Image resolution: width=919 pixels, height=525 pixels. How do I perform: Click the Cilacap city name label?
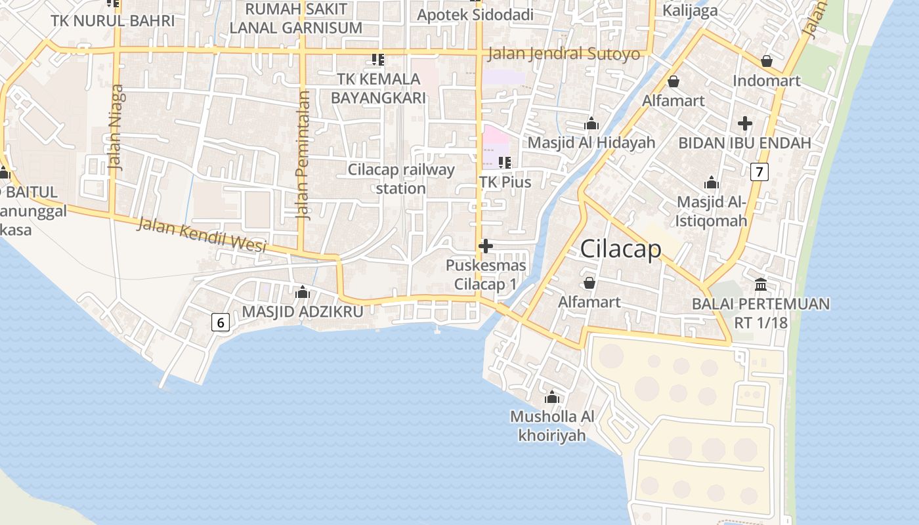[x=620, y=249]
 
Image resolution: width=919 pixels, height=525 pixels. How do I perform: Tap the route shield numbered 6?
[x=221, y=322]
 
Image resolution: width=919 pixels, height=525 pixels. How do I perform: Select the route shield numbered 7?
[x=759, y=173]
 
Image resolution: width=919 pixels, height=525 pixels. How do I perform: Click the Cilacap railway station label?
[x=401, y=179]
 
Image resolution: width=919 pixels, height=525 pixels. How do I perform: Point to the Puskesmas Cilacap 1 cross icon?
[x=486, y=246]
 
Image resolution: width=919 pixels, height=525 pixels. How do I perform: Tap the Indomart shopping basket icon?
[x=766, y=61]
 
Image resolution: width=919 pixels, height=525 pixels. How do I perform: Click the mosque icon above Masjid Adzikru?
[x=303, y=292]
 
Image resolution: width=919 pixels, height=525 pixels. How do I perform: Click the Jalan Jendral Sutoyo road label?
[x=564, y=54]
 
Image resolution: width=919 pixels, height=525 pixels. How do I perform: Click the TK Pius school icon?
[x=504, y=162]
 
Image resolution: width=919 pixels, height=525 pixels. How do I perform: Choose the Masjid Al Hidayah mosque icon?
[x=591, y=123]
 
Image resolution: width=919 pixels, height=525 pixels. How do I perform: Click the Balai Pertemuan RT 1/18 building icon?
[x=761, y=285]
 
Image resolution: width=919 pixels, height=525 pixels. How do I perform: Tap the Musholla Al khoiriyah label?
[x=552, y=425]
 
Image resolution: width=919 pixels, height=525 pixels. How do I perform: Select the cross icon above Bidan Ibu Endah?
[x=744, y=123]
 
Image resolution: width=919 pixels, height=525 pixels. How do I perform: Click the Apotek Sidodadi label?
[x=475, y=14]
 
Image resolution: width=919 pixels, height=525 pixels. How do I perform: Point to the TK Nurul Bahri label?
[x=113, y=21]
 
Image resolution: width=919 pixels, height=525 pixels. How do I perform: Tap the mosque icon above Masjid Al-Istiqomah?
[x=712, y=182]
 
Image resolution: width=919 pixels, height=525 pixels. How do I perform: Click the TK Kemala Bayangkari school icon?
[x=377, y=60]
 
